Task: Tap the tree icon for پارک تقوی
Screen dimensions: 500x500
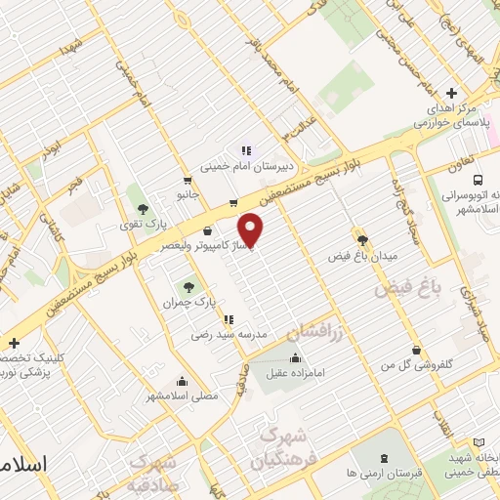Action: (x=143, y=208)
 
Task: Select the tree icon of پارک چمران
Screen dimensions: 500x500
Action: (x=188, y=286)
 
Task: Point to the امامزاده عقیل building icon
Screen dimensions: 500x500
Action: (x=295, y=356)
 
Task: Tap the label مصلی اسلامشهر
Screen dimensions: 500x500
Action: (x=183, y=396)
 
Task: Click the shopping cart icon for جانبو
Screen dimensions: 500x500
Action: (x=187, y=180)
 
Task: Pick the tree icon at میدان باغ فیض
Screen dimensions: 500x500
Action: (x=362, y=239)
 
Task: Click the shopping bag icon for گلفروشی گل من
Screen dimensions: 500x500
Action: (x=417, y=350)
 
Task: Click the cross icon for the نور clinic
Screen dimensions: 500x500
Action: (x=14, y=343)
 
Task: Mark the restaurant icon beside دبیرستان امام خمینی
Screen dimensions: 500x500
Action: (x=247, y=150)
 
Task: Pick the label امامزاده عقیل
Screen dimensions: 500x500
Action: (x=298, y=371)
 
